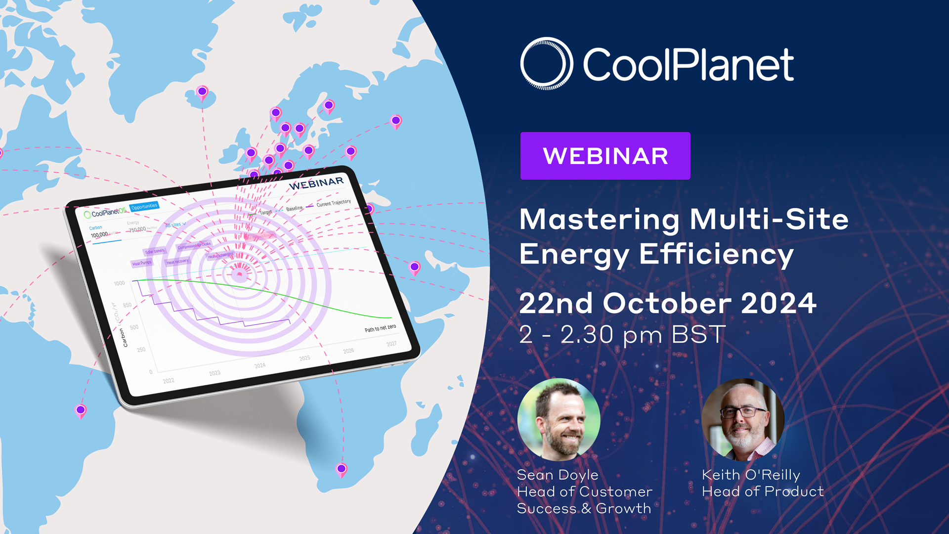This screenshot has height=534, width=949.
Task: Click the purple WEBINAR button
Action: coord(605,156)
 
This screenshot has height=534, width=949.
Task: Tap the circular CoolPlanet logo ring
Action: coord(546,63)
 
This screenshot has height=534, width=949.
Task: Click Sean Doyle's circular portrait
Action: coord(559,419)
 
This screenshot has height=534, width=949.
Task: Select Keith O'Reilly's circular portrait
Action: coord(743,419)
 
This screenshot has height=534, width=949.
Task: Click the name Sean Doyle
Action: coord(558,475)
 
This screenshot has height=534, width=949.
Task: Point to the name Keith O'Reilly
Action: coord(751,475)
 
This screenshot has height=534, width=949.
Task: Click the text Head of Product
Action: coord(763,491)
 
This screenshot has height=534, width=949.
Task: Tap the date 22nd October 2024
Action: coord(667,303)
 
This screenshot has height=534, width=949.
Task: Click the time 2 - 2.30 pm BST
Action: coord(622,335)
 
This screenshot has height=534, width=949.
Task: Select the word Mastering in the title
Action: coord(600,219)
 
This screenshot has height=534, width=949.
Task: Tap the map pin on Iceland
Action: coord(202,92)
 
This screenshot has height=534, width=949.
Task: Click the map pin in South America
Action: coord(81,410)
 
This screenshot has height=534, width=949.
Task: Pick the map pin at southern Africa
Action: coord(342,469)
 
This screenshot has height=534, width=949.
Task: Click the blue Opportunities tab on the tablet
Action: coord(144,206)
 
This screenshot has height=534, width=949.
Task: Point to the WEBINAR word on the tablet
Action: coord(316,183)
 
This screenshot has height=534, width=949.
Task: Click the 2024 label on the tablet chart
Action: coord(260,365)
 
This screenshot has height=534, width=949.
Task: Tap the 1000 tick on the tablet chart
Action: coord(119,283)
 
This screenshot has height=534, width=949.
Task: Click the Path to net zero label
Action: coord(380,328)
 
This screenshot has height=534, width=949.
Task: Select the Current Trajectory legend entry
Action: coord(333,203)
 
